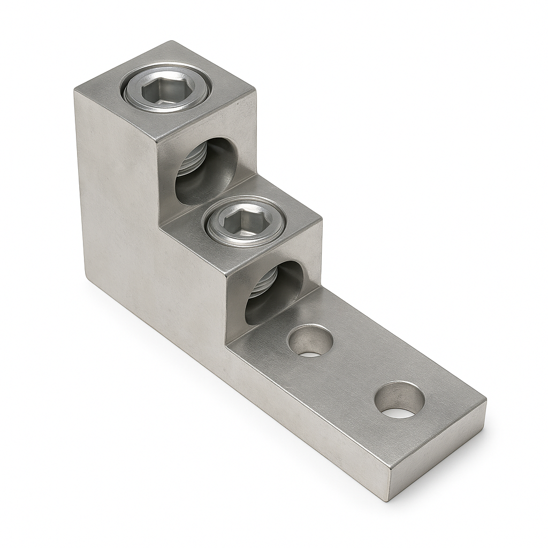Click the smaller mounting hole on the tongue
(x=310, y=341)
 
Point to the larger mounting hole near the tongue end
(x=399, y=400)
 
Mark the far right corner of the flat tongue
(x=485, y=399)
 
